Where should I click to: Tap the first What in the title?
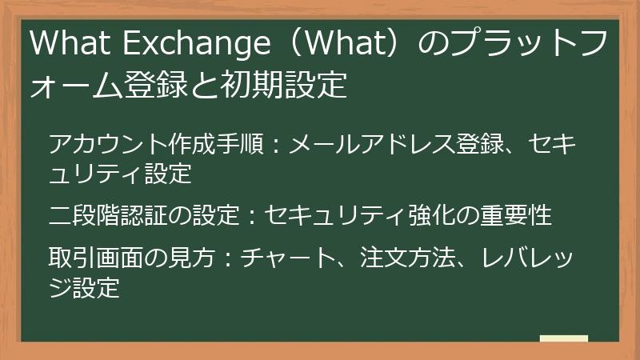pyautogui.click(x=66, y=44)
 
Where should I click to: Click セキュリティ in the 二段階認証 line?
pyautogui.click(x=334, y=214)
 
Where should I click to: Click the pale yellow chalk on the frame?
pyautogui.click(x=563, y=339)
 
